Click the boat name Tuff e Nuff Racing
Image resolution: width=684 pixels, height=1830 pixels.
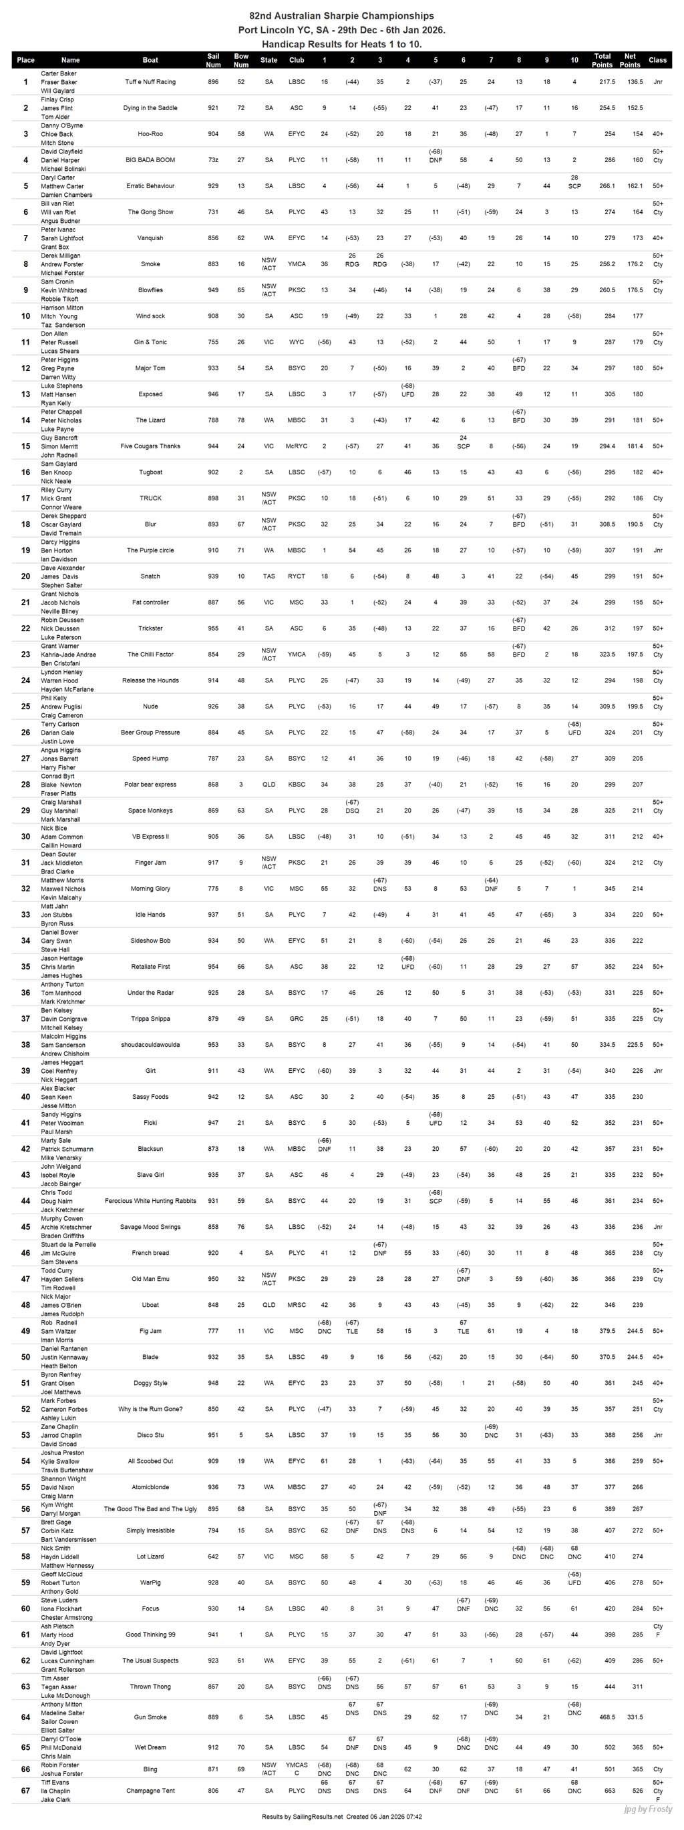[x=150, y=81]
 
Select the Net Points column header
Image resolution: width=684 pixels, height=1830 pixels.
[x=629, y=61]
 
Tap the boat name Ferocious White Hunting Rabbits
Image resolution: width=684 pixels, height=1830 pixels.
[x=150, y=1201]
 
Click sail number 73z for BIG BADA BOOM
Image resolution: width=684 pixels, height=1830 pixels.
[x=213, y=160]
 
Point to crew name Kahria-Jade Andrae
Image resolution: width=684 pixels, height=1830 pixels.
[x=68, y=654]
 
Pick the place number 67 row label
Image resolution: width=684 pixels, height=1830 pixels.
[x=25, y=1790]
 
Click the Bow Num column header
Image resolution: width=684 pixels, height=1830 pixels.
[x=241, y=61]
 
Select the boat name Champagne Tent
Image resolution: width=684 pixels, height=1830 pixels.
[x=150, y=1790]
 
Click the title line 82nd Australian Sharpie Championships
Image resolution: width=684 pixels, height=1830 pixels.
[x=341, y=15]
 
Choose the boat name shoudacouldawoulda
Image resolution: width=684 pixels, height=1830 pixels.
[x=150, y=1044]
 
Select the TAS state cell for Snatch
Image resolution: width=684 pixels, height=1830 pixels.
[x=269, y=576]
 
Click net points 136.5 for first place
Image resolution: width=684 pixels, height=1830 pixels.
[x=629, y=81]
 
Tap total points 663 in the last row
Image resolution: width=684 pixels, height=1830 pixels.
[x=609, y=1790]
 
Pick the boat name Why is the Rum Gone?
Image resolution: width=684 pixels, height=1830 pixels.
[x=150, y=1409]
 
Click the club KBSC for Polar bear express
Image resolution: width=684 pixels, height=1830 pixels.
[x=297, y=785]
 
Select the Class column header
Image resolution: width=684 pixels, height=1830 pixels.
[x=658, y=61]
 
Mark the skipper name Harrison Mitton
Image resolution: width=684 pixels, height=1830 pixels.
[x=62, y=308]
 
